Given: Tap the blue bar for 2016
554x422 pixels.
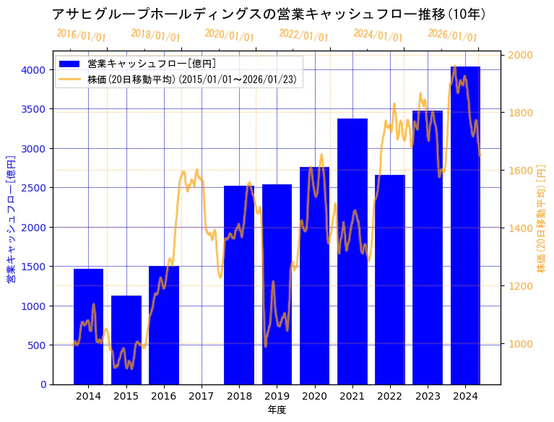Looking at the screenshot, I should tap(164, 325).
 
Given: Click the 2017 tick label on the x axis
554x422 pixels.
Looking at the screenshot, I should tap(202, 396).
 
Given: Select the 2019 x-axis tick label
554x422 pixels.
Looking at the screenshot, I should tap(277, 396).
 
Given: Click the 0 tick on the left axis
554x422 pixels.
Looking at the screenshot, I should tap(43, 384).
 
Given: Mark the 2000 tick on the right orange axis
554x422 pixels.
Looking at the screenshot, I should tap(521, 55).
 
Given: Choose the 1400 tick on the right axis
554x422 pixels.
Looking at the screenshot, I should tap(521, 228).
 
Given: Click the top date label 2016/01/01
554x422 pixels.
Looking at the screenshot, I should tap(81, 35).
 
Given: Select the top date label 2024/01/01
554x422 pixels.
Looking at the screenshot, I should tap(378, 35).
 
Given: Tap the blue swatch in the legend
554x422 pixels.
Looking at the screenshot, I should tap(70, 64).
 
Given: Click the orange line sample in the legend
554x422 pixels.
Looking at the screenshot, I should tap(70, 79).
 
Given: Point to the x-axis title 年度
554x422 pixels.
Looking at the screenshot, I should tap(277, 410).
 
